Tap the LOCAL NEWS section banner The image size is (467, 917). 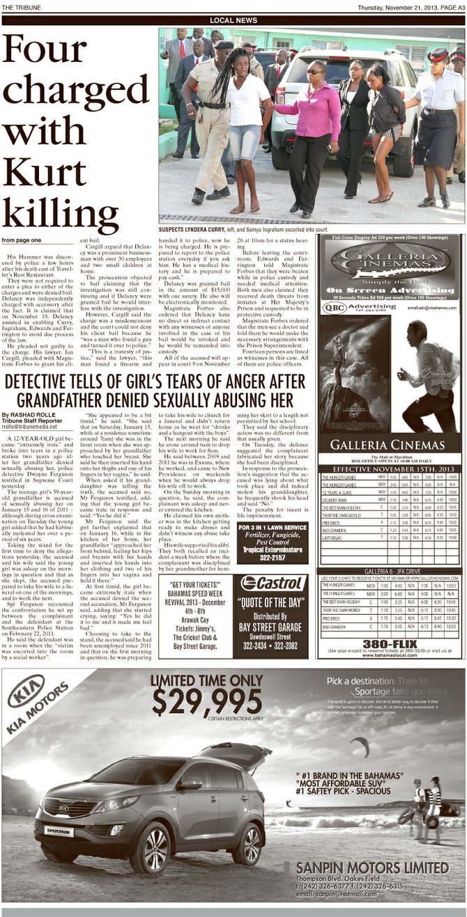(233, 20)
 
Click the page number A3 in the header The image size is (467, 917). (457, 7)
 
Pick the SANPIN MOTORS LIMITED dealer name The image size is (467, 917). (372, 868)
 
